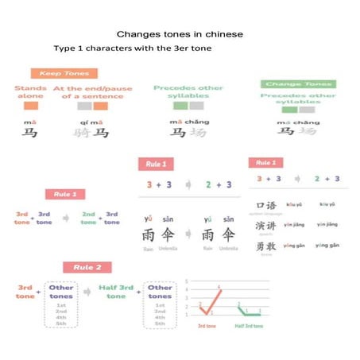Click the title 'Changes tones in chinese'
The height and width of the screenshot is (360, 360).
[180, 35]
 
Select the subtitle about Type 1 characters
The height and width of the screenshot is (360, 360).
[131, 48]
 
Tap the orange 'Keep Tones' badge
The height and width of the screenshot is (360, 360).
[64, 74]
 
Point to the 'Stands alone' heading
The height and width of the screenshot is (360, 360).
[31, 93]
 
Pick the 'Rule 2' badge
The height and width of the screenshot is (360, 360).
[87, 268]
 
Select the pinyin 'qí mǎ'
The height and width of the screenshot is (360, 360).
[91, 122]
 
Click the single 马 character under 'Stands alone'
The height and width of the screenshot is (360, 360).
[30, 134]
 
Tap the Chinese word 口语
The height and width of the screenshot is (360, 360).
[266, 205]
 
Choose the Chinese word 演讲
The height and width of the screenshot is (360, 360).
[266, 225]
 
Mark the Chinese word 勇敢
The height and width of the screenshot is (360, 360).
[266, 246]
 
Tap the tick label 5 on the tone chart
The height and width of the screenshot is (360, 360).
[186, 281]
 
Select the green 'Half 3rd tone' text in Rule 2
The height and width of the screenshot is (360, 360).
[116, 292]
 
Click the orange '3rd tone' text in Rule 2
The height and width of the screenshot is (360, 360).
[25, 292]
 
